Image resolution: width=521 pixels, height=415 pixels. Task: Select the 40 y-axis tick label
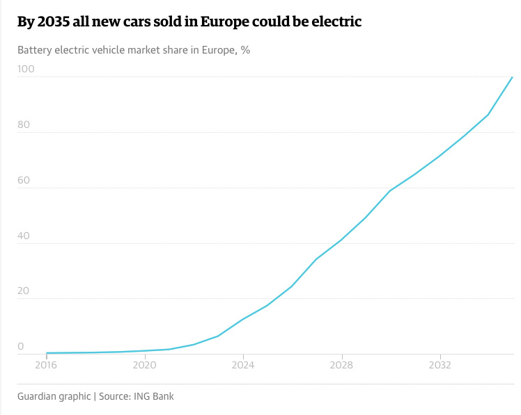coord(24,235)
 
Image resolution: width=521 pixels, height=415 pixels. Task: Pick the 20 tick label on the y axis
coord(24,291)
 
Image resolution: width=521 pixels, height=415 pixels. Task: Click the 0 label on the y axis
coord(21,346)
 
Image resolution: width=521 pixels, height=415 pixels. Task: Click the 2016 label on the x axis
coord(46,364)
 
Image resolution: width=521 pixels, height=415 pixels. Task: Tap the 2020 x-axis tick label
coord(144,364)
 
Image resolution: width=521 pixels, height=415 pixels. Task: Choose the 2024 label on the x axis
coord(242,364)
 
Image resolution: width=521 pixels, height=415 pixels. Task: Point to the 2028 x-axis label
coord(341,364)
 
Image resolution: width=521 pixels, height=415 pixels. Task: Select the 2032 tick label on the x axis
coord(439,364)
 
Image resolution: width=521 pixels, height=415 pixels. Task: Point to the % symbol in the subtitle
coord(245,51)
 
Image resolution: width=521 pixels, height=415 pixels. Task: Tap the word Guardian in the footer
coord(40,396)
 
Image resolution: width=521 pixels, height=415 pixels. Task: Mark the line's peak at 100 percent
coord(513,77)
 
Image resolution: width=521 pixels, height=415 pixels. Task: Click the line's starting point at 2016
coord(47,353)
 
